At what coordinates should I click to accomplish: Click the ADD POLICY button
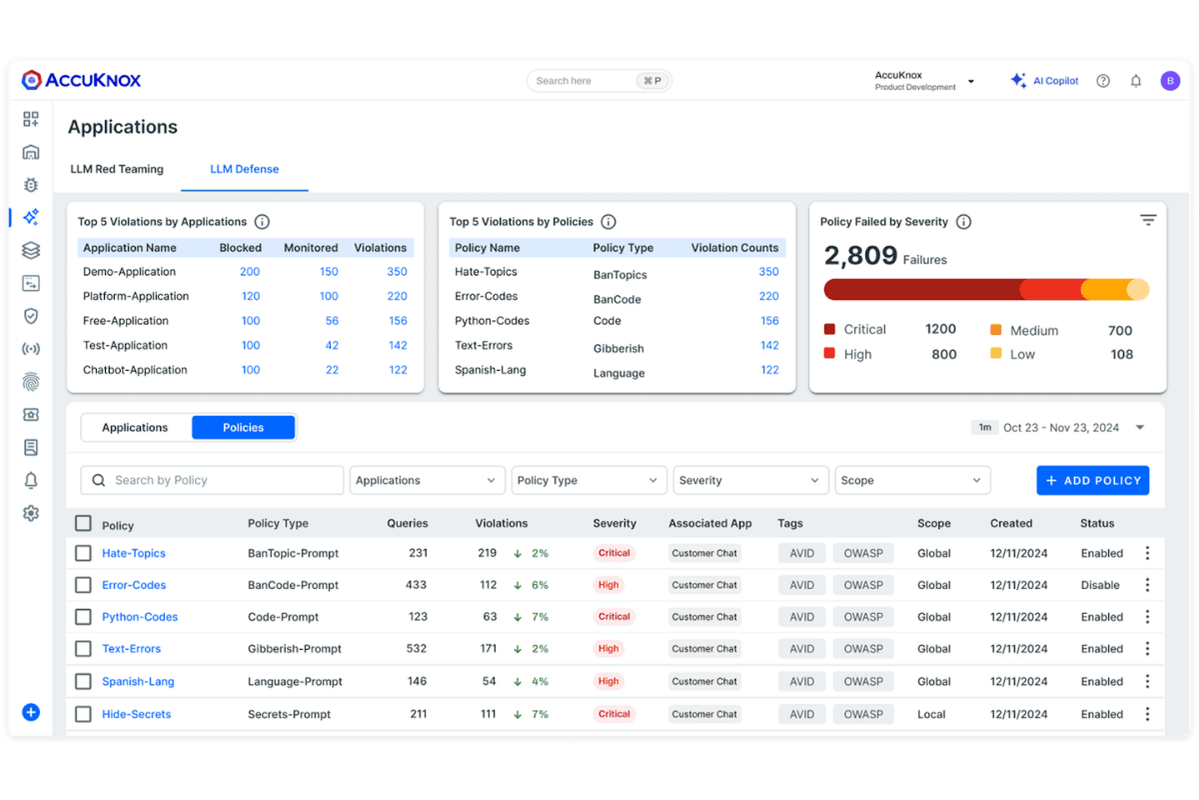1092,480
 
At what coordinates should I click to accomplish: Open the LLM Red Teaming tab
117,169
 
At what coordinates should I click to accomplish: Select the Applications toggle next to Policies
135,427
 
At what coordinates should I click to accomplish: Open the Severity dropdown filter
750,480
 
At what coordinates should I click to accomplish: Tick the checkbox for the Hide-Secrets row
83,714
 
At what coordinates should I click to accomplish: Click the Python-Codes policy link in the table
140,617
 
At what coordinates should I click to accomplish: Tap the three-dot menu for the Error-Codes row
1147,585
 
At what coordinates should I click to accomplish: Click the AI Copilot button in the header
1044,81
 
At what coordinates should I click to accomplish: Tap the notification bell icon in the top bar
1136,81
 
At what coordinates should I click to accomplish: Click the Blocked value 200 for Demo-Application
250,272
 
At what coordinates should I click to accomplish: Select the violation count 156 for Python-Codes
768,321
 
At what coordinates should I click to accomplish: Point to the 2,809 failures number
860,256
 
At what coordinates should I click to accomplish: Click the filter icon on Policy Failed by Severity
1148,220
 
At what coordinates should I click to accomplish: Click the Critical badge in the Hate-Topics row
614,553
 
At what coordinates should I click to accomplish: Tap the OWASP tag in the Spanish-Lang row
863,681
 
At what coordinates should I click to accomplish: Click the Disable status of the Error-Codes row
1100,585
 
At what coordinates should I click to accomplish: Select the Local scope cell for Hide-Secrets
931,714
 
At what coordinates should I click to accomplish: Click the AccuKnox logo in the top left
82,80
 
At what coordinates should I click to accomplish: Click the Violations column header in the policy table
502,523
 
